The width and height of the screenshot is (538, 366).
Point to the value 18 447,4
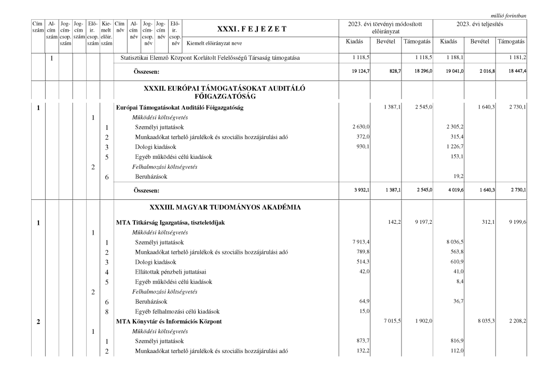[515, 73]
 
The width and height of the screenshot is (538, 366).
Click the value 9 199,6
[515, 223]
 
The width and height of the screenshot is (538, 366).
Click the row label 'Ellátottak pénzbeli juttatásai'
[173, 272]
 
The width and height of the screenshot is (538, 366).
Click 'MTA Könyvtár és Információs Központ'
[169, 321]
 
